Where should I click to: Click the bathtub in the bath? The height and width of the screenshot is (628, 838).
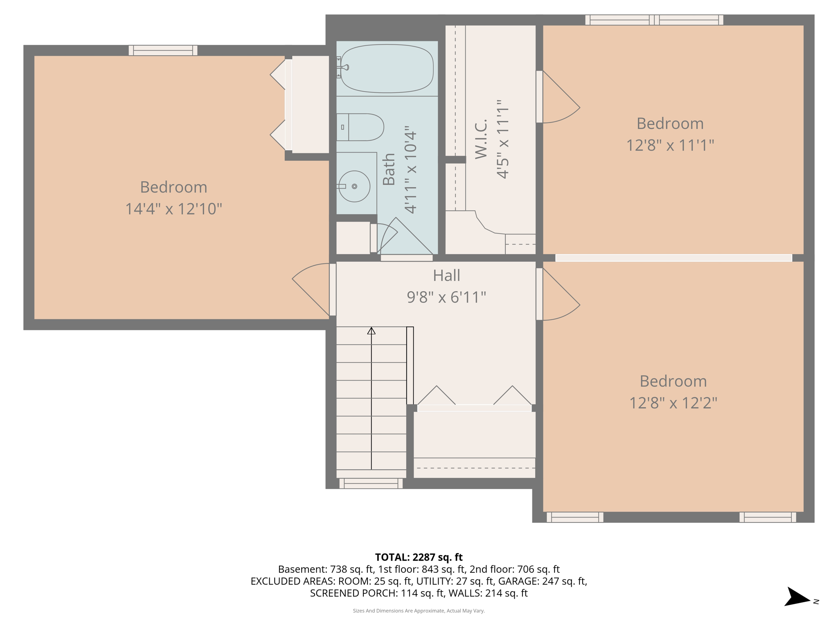pyautogui.click(x=387, y=69)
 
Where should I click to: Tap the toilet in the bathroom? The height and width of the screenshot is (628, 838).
pyautogui.click(x=360, y=127)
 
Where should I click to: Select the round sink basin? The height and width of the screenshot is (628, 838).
pyautogui.click(x=354, y=186)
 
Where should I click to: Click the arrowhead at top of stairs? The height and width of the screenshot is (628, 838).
pyautogui.click(x=371, y=331)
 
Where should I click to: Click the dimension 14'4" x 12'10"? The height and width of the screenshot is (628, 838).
pyautogui.click(x=173, y=209)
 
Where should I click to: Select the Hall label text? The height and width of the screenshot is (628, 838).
pyautogui.click(x=446, y=276)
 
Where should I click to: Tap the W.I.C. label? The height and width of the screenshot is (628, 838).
pyautogui.click(x=481, y=139)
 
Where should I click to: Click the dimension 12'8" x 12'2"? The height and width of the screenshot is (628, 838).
pyautogui.click(x=673, y=403)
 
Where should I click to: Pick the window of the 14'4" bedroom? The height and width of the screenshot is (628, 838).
pyautogui.click(x=163, y=50)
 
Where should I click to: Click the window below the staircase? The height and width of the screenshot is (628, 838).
pyautogui.click(x=371, y=484)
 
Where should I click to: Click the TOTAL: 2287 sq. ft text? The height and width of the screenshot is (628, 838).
pyautogui.click(x=419, y=557)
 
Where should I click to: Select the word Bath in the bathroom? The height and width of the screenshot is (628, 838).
pyautogui.click(x=389, y=169)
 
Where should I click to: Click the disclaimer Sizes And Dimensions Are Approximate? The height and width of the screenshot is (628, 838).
pyautogui.click(x=419, y=611)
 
